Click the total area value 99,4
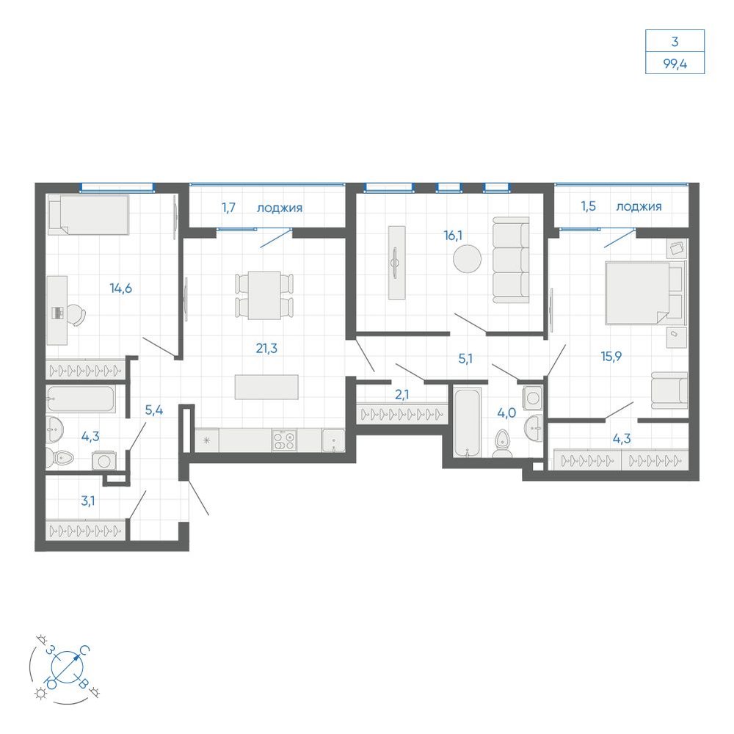675,64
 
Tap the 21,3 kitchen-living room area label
266,348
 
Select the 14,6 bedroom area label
121,288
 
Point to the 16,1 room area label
453,236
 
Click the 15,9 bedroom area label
611,357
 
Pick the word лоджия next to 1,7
280,208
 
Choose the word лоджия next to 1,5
639,206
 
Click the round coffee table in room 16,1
467,258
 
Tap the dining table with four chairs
264,295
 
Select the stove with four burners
285,440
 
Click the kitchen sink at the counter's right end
333,440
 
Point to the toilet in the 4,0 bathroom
502,443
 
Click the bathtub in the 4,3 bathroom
80,399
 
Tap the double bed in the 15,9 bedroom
644,293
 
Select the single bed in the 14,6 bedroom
89,215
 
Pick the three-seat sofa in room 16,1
511,260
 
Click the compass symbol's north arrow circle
67,666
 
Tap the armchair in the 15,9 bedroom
669,390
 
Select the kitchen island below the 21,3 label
266,387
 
